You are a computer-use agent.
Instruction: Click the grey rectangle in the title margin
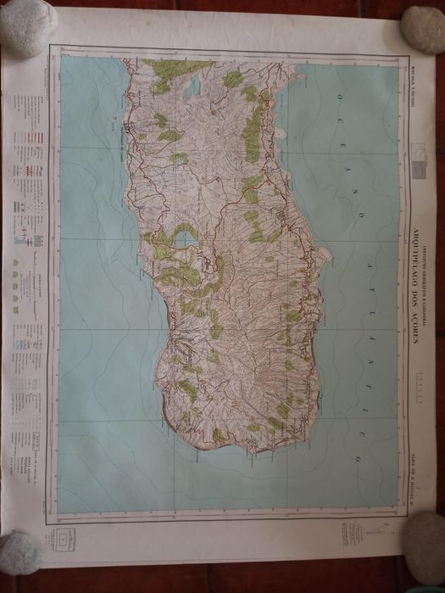[419, 169]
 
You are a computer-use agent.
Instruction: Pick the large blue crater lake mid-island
[186, 239]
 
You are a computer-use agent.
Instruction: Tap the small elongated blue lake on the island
[192, 86]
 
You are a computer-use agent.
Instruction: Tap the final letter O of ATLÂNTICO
[358, 458]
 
